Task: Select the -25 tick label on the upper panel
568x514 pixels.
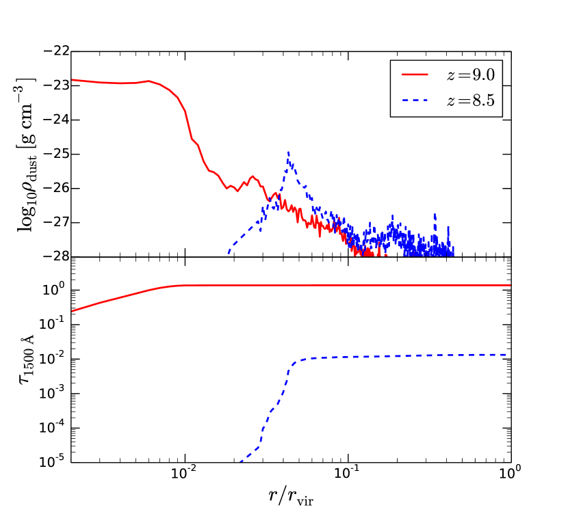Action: (x=58, y=154)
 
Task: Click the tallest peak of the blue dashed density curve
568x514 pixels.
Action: (x=289, y=152)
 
